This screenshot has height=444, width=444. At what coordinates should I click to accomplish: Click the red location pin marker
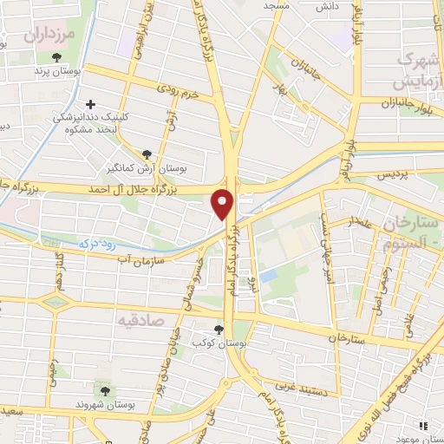point(224,205)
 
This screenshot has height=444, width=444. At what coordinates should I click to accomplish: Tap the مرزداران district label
point(51,36)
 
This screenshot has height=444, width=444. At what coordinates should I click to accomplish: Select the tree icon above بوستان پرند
point(57,57)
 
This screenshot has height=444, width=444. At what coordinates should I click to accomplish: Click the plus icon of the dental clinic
point(92,104)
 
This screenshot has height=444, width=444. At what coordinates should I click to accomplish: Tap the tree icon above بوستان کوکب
point(218,330)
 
